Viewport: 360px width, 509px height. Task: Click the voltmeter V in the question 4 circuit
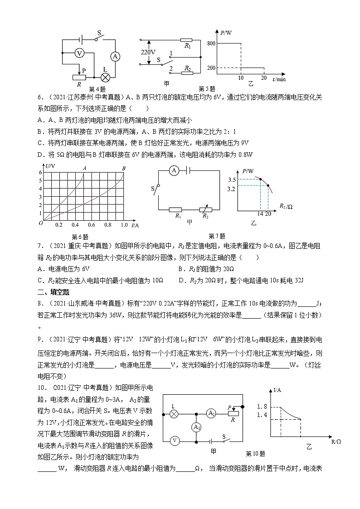[79, 53]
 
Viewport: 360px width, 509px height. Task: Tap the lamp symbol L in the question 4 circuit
[106, 77]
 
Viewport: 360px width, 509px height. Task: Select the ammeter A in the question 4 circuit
[115, 56]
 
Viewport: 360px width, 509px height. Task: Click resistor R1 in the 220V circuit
[187, 40]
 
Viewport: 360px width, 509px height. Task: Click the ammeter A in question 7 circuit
[173, 171]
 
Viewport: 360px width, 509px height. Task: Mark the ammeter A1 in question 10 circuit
[196, 427]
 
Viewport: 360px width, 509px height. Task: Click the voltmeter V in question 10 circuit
[174, 440]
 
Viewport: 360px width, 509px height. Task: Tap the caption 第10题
[255, 453]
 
